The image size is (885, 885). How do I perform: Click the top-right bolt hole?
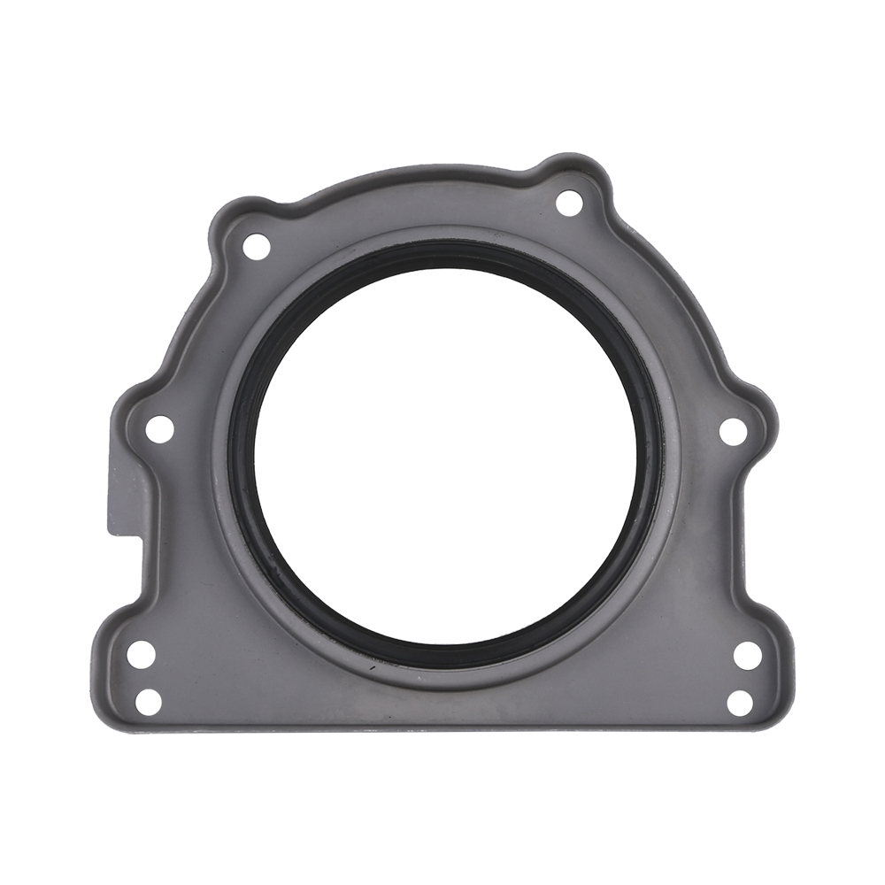pyautogui.click(x=569, y=203)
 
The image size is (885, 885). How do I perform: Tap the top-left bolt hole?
pyautogui.click(x=256, y=246)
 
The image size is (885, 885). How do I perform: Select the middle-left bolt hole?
pyautogui.click(x=159, y=429)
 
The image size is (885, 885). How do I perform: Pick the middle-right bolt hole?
pyautogui.click(x=733, y=431)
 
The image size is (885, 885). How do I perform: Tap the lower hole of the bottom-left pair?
pyautogui.click(x=149, y=701)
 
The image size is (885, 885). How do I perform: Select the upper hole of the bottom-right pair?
pyautogui.click(x=748, y=656)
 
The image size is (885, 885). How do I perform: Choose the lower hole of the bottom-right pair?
pyautogui.click(x=740, y=703)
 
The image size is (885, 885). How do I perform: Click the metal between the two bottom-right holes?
pyautogui.click(x=744, y=680)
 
